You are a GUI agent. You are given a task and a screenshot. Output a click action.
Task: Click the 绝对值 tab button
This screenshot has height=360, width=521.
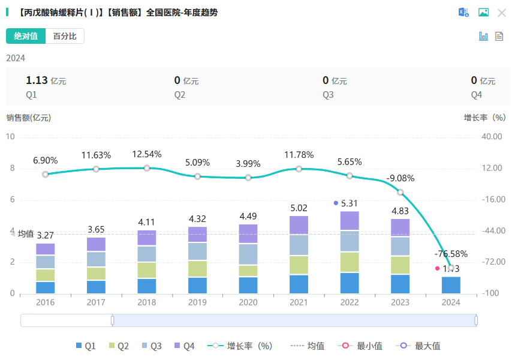(26, 36)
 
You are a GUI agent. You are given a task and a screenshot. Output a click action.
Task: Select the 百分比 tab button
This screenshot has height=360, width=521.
(65, 36)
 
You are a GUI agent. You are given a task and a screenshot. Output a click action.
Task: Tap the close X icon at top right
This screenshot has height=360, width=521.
(502, 13)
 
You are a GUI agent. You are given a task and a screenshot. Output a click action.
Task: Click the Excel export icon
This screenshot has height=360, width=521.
(463, 13)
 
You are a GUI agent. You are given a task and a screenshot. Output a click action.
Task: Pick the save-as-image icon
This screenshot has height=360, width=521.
(483, 13)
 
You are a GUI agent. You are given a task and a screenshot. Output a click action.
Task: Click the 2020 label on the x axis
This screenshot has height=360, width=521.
(248, 302)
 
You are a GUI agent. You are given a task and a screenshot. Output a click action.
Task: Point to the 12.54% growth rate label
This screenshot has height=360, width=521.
(146, 154)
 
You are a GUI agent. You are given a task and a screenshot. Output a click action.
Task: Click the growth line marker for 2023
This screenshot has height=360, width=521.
(400, 193)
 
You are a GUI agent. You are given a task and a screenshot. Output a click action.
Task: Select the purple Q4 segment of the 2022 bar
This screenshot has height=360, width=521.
(350, 221)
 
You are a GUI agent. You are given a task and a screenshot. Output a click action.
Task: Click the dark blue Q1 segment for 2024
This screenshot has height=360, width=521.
(451, 285)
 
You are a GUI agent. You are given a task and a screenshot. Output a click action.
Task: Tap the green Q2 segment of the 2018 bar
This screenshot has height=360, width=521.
(146, 270)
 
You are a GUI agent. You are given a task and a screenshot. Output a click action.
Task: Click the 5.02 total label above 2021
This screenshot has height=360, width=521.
(299, 208)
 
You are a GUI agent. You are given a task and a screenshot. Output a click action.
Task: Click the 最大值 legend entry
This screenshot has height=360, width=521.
(421, 346)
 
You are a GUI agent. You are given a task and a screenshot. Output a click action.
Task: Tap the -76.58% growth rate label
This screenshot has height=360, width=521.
(451, 254)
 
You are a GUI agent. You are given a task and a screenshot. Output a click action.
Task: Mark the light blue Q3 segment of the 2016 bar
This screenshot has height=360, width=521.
(45, 262)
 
